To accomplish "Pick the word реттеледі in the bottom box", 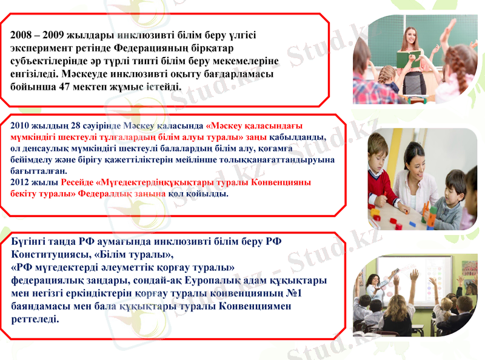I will [36, 319].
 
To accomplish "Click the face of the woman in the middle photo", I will [416, 159].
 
